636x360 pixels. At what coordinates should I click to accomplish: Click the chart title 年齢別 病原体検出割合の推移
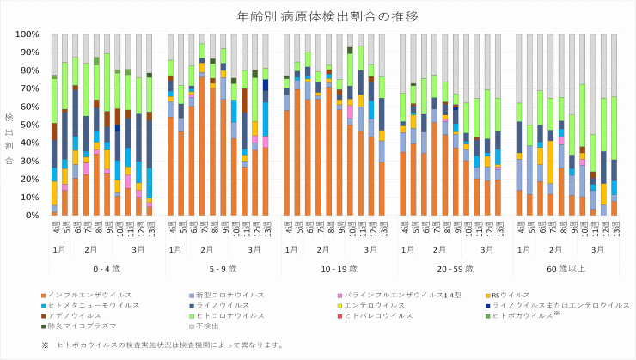(x=318, y=15)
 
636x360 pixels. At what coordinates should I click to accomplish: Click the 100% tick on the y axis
(x=28, y=34)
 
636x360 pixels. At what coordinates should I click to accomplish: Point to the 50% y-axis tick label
(x=30, y=125)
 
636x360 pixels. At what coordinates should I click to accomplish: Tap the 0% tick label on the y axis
(x=33, y=215)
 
